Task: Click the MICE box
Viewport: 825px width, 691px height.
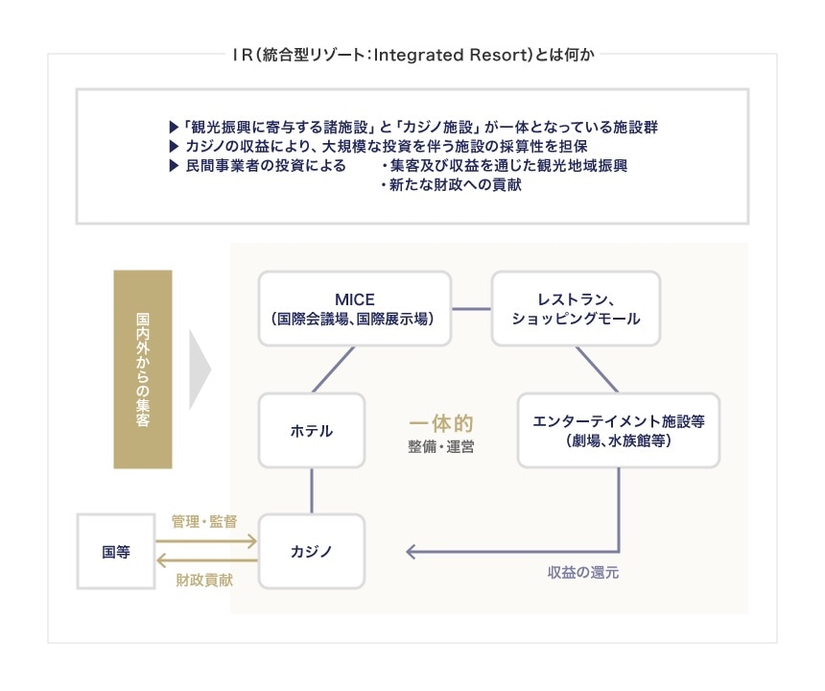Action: click(x=355, y=308)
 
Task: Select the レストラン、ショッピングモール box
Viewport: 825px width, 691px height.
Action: click(x=576, y=308)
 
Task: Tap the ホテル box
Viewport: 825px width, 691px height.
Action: click(x=312, y=431)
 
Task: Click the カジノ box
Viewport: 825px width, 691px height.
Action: click(x=312, y=552)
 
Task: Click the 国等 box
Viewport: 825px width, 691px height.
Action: click(x=116, y=552)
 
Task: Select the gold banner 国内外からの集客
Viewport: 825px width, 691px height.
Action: click(x=142, y=369)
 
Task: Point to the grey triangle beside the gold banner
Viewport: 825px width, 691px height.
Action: click(x=199, y=369)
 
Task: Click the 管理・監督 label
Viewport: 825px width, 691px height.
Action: click(x=203, y=521)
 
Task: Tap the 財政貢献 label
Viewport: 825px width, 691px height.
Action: click(x=203, y=582)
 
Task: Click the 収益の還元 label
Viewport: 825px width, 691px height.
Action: click(x=583, y=573)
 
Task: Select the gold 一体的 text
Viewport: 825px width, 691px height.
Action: click(x=442, y=423)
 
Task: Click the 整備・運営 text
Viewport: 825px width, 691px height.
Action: click(x=441, y=446)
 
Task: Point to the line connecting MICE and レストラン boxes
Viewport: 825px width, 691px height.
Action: click(x=471, y=308)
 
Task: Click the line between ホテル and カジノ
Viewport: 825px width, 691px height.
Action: click(x=312, y=491)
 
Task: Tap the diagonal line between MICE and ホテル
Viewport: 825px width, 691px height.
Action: click(x=334, y=369)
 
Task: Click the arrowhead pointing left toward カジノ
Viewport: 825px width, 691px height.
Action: click(x=411, y=552)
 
